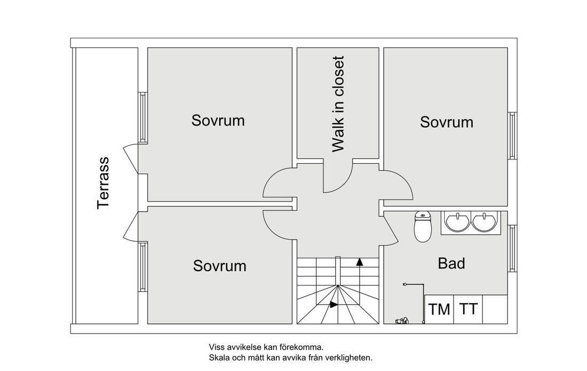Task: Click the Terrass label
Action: point(103,183)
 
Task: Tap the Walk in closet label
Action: point(338,104)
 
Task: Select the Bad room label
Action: point(451,264)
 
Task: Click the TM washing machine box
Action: point(439,310)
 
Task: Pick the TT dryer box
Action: point(468,310)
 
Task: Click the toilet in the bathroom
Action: point(423,226)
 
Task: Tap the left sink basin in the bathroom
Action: point(457,221)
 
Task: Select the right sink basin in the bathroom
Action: point(485,221)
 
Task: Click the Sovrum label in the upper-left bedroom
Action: point(218,120)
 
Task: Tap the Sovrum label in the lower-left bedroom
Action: point(220,266)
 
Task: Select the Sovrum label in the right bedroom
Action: point(447,122)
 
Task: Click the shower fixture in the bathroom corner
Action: point(402,321)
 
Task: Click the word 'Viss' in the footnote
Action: point(215,347)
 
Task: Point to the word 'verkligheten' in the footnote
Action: point(352,358)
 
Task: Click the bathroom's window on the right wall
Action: point(512,249)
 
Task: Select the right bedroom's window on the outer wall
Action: point(512,135)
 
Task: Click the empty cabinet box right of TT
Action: point(495,310)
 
